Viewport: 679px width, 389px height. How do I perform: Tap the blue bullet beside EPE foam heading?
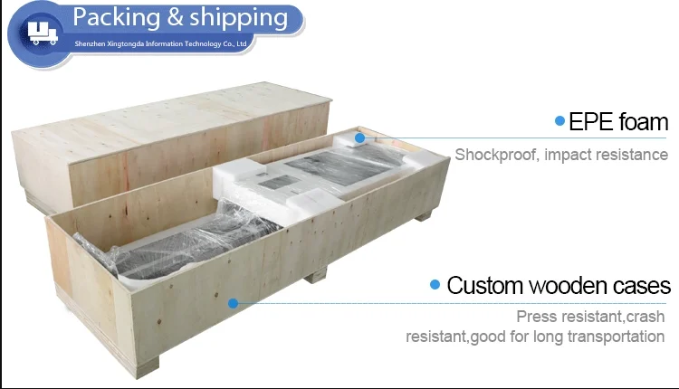pos(559,120)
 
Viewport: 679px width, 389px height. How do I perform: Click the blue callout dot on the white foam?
pos(359,138)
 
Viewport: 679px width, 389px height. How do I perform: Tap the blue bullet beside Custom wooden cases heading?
pos(435,286)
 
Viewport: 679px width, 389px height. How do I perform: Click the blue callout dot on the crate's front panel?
pos(233,303)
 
